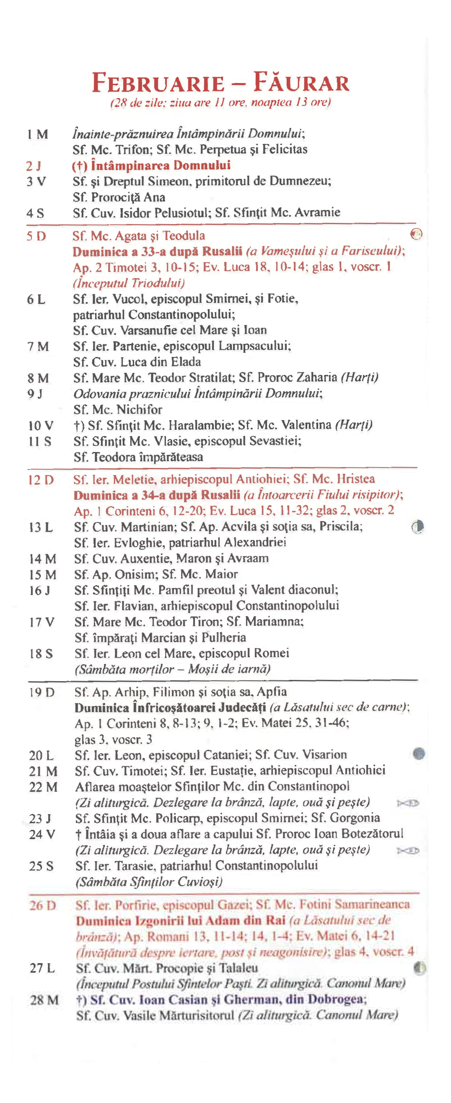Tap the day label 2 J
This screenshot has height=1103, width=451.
coord(34,166)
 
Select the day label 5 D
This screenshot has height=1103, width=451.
coord(36,236)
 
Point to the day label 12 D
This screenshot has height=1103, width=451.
coord(41,480)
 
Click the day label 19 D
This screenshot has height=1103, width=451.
coord(41,692)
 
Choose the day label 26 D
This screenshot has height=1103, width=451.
coord(42,905)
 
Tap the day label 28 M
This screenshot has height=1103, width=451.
coord(44,1000)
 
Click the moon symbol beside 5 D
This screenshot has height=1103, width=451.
coord(416,234)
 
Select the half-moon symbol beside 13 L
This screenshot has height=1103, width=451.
coord(417,527)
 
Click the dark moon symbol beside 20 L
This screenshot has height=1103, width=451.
coord(419,753)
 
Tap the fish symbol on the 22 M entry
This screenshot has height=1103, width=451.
coord(408,803)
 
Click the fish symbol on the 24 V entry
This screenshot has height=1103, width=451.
coord(408,850)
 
